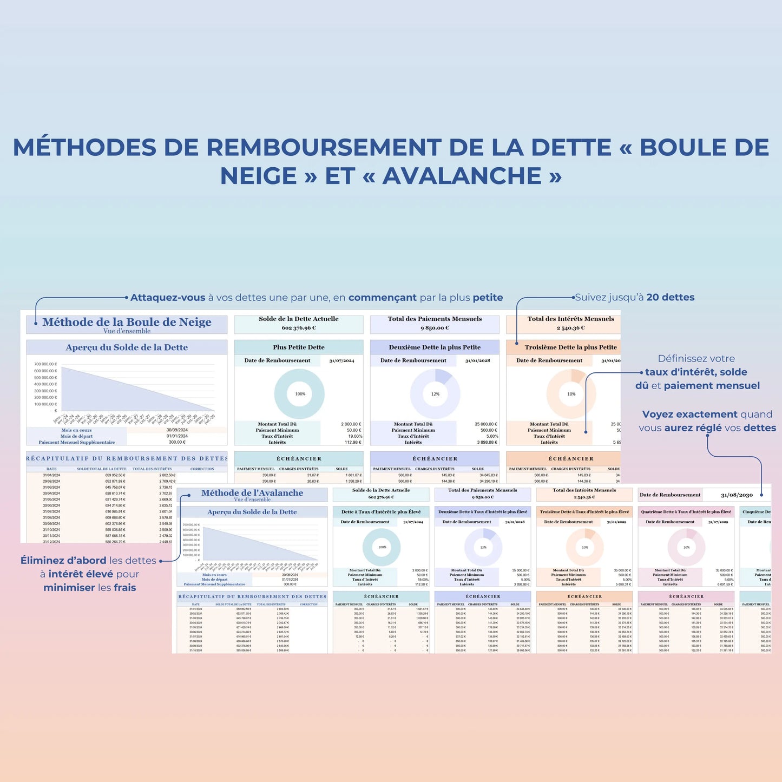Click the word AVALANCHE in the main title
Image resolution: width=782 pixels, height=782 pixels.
click(x=462, y=176)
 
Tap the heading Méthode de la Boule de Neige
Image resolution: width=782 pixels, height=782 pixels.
click(x=127, y=322)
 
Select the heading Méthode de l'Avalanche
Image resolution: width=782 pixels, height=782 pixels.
click(x=252, y=493)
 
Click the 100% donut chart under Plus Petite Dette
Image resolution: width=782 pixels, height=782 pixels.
click(x=299, y=394)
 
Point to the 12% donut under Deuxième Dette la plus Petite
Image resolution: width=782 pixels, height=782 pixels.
click(x=435, y=394)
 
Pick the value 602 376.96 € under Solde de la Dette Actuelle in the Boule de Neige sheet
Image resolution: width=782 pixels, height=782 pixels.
click(x=299, y=328)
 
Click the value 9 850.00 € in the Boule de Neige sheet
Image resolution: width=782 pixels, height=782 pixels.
click(x=435, y=328)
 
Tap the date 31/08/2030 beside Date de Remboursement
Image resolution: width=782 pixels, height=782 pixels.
click(x=737, y=495)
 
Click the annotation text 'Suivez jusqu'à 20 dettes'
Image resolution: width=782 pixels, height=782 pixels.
click(x=634, y=297)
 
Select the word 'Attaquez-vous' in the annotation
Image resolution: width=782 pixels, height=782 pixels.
click(x=168, y=298)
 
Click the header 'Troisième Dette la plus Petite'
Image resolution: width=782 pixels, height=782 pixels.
click(x=570, y=347)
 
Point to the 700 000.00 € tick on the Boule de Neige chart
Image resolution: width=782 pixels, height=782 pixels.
click(x=45, y=364)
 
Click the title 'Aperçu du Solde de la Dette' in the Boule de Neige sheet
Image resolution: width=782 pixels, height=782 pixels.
click(x=127, y=347)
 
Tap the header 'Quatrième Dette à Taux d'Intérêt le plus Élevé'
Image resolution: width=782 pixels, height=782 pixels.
click(x=686, y=511)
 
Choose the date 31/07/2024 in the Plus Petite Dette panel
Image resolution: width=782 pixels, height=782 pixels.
click(x=341, y=360)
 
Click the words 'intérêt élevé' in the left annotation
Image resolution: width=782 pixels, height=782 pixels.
click(x=81, y=574)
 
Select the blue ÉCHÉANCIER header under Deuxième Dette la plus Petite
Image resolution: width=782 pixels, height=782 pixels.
click(x=435, y=459)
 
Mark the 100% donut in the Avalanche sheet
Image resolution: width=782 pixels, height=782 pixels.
click(x=382, y=547)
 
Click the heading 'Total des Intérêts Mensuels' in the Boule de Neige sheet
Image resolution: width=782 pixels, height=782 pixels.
click(x=570, y=319)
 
